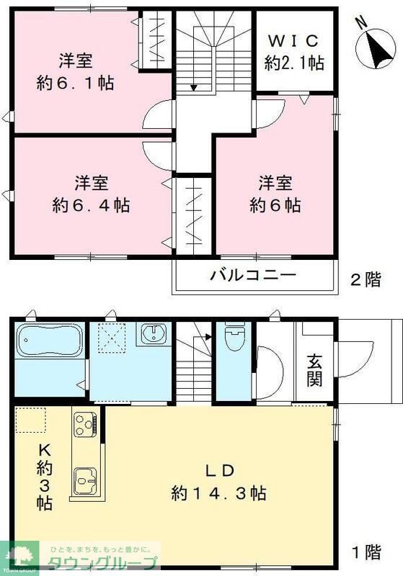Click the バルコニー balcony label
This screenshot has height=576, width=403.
[253, 275]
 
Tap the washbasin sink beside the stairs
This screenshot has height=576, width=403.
[154, 335]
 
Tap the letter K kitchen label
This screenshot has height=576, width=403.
[45, 448]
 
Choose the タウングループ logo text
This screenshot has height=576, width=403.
[102, 562]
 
